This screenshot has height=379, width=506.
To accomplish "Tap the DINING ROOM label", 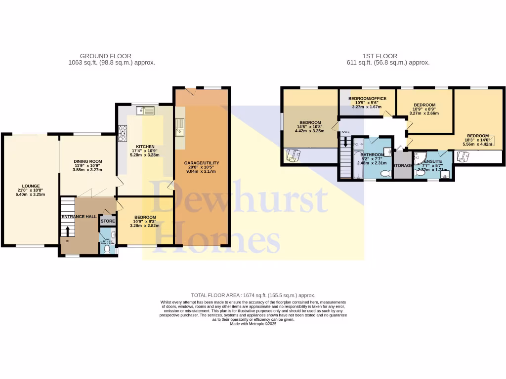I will pos(88,161).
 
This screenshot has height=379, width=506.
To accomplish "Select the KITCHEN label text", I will pos(146,147).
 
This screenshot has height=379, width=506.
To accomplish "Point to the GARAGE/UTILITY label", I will pos(202,163).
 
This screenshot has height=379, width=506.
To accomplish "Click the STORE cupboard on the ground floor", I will pos(108,221).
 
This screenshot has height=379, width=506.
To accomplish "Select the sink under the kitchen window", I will pos(147,111).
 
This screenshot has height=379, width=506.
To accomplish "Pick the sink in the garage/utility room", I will pos(180,127).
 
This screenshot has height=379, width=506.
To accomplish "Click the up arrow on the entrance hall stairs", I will pos(68,230).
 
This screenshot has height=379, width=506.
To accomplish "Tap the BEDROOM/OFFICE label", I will pos(368,99).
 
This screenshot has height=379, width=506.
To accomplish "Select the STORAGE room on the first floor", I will pos(403,165).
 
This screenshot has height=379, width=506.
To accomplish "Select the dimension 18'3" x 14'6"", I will pos(478,141).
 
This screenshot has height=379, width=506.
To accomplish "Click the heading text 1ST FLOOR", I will pos(380,56).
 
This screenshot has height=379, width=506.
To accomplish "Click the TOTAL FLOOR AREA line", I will pos(253,295).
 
